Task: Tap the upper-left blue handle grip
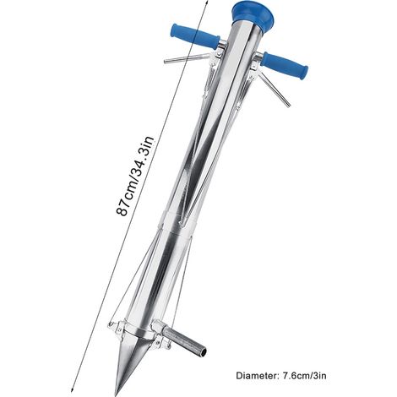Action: tap(195, 36)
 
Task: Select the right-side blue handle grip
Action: tap(284, 66)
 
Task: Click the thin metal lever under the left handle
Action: tap(187, 58)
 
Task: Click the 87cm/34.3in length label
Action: tap(135, 177)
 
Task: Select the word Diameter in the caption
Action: tap(255, 376)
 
